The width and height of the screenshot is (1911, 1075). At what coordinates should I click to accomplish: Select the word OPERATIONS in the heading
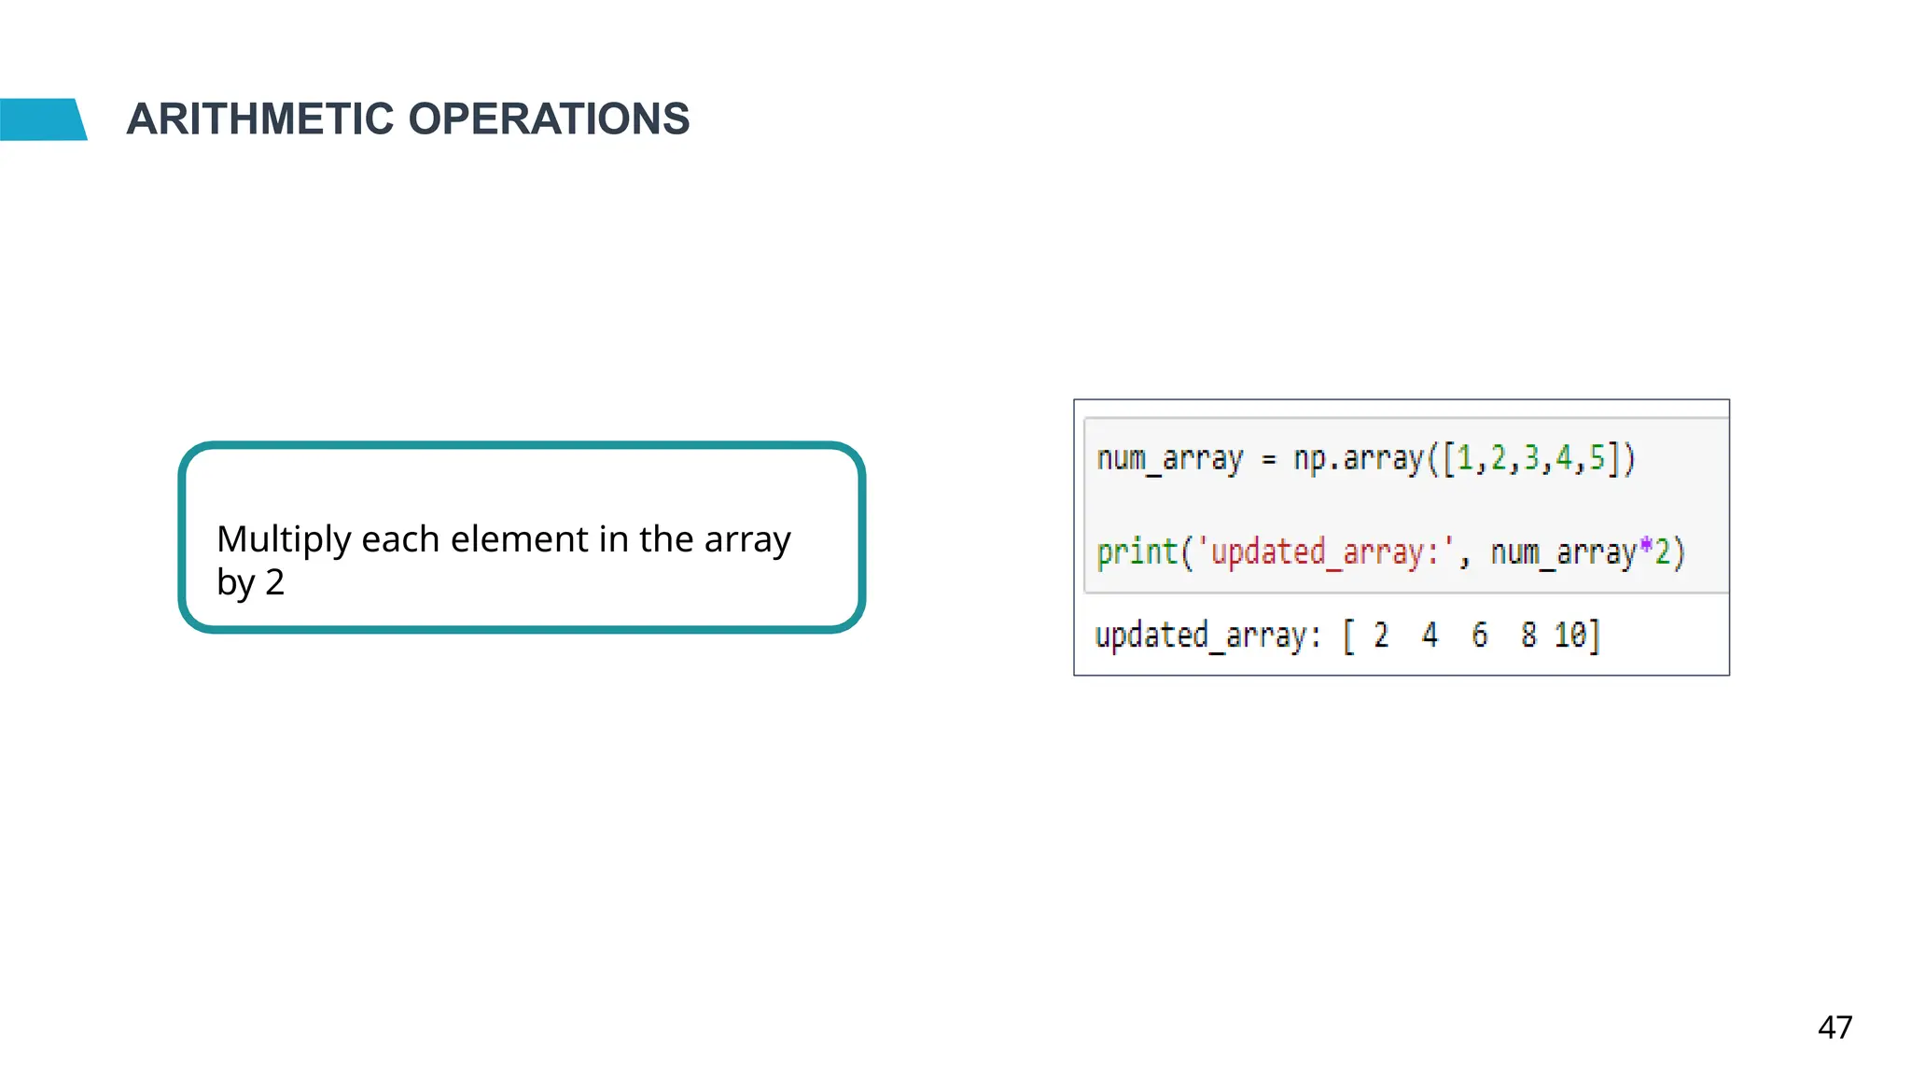(x=549, y=119)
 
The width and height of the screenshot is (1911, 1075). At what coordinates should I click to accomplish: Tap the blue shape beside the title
(x=42, y=119)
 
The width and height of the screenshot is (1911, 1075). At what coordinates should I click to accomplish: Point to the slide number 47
(x=1834, y=1027)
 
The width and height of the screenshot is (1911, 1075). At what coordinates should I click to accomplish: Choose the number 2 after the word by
(x=274, y=582)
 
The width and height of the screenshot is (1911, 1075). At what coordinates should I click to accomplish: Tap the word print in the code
(x=1137, y=552)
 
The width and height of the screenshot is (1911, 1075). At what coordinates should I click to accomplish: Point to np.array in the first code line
(x=1360, y=459)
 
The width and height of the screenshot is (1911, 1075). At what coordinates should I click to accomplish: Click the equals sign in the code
(x=1268, y=459)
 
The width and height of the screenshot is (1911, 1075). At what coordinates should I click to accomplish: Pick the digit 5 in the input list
(x=1597, y=458)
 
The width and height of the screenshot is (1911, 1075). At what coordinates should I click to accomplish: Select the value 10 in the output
(x=1570, y=635)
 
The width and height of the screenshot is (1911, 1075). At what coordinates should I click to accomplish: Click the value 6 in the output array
(x=1479, y=635)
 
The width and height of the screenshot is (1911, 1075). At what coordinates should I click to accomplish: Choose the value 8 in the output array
(x=1528, y=635)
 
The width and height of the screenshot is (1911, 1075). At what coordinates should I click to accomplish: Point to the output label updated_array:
(x=1208, y=635)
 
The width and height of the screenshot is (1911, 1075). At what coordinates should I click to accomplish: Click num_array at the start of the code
(x=1170, y=459)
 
